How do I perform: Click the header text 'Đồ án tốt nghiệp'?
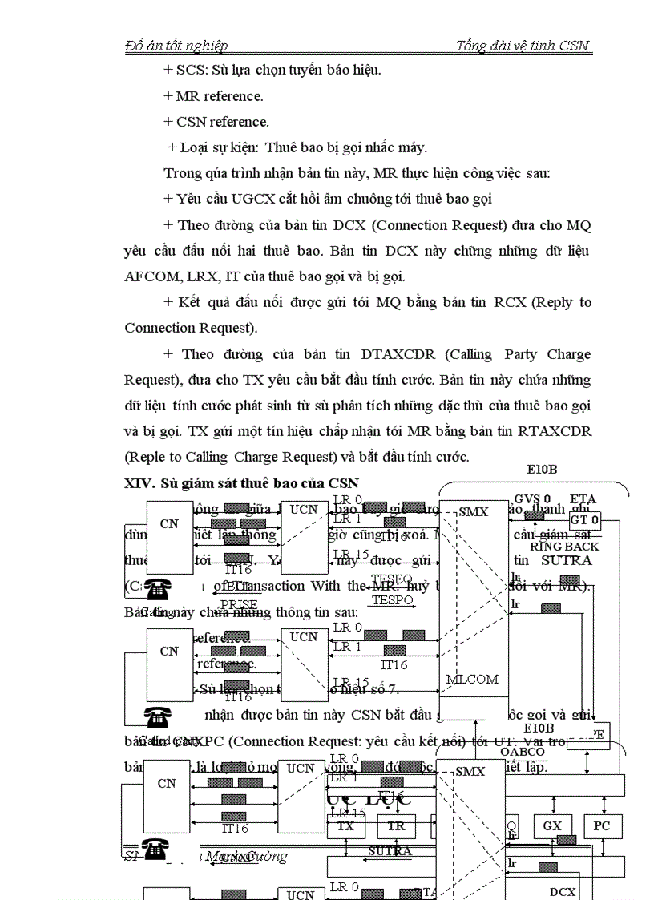(x=176, y=46)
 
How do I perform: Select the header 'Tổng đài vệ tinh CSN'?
(x=523, y=46)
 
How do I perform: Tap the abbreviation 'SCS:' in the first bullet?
(x=192, y=70)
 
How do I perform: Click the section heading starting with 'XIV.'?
(x=241, y=483)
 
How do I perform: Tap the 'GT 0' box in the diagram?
(x=584, y=519)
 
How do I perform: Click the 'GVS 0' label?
(x=532, y=498)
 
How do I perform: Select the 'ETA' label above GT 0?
(x=583, y=498)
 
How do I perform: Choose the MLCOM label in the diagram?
(x=472, y=679)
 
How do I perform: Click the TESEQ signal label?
(x=392, y=578)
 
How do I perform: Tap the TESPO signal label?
(x=392, y=599)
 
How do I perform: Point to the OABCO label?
(x=523, y=751)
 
